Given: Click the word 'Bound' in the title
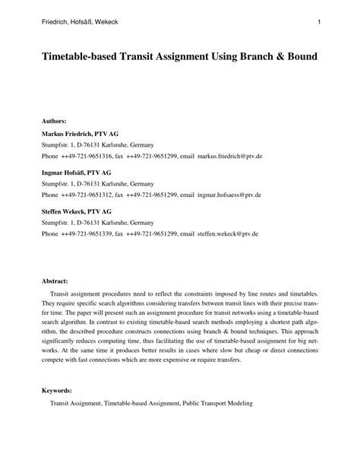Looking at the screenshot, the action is pyautogui.click(x=302, y=58).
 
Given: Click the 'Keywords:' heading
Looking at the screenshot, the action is pyautogui.click(x=57, y=390).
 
